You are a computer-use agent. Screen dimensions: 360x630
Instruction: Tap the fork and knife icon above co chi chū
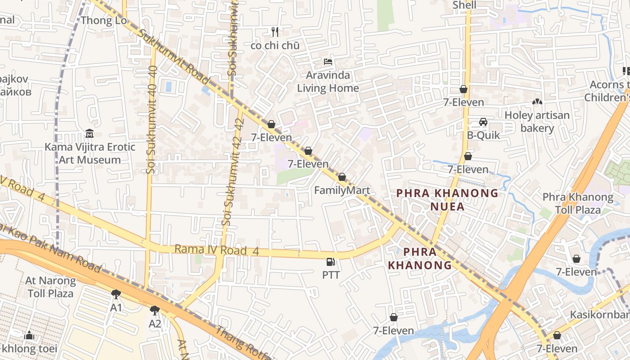tap(275, 32)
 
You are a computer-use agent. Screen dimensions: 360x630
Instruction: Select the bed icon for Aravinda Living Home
tap(328, 62)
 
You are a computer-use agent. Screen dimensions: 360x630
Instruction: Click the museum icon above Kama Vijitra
tap(90, 134)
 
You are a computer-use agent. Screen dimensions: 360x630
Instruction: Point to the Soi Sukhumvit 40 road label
tap(152, 120)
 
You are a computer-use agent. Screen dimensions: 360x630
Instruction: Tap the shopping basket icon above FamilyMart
tap(342, 177)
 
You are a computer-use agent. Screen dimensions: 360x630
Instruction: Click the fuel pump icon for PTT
tap(331, 262)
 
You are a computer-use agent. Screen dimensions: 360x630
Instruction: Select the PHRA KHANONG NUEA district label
tap(447, 200)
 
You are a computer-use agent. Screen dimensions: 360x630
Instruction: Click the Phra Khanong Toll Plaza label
tap(578, 203)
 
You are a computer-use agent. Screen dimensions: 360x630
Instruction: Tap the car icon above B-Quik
tap(483, 122)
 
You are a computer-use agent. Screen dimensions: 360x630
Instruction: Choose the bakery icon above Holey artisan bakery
tap(537, 102)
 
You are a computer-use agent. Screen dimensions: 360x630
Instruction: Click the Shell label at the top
tap(464, 5)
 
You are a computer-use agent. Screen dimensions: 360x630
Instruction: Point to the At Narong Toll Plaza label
tap(50, 287)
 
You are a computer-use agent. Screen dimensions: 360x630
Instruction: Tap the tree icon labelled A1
tap(116, 294)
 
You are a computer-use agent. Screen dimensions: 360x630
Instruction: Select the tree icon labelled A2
tap(155, 310)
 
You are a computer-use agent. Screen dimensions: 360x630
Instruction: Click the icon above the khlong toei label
tap(29, 335)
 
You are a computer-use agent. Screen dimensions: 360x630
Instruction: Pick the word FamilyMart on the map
tap(342, 190)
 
